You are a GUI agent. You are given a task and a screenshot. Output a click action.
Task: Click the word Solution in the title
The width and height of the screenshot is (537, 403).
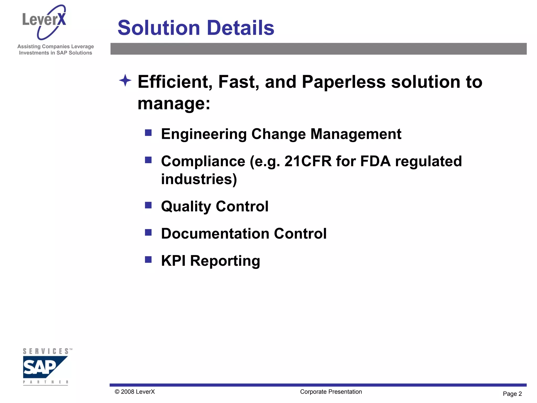click(x=159, y=28)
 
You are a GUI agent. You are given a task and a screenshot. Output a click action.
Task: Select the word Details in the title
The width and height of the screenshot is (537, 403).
click(x=240, y=28)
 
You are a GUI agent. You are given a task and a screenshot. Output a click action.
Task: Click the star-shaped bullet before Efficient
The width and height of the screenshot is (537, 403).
click(x=125, y=80)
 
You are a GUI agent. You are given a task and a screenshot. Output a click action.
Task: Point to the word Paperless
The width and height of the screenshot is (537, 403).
click(x=343, y=82)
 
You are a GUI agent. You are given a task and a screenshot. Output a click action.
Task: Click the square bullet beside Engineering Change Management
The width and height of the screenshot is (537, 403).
click(x=148, y=133)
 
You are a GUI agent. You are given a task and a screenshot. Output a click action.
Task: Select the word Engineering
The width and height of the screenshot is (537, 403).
click(x=204, y=134)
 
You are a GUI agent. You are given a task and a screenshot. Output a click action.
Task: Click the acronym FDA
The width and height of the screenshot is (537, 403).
click(x=375, y=161)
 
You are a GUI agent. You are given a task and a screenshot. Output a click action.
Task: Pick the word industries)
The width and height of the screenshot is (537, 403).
click(x=199, y=179)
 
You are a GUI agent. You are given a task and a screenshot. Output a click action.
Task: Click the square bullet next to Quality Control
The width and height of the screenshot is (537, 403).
click(x=148, y=205)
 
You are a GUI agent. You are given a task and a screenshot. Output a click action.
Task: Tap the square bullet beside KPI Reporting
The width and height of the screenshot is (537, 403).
click(x=148, y=259)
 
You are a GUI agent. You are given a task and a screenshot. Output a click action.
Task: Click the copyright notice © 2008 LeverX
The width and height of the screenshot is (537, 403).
click(x=135, y=392)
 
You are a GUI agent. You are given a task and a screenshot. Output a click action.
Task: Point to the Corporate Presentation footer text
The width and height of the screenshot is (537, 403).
click(x=331, y=392)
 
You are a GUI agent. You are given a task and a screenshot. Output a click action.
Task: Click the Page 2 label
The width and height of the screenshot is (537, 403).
click(x=512, y=394)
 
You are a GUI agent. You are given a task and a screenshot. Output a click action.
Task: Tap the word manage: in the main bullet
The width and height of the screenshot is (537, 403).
click(x=174, y=103)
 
